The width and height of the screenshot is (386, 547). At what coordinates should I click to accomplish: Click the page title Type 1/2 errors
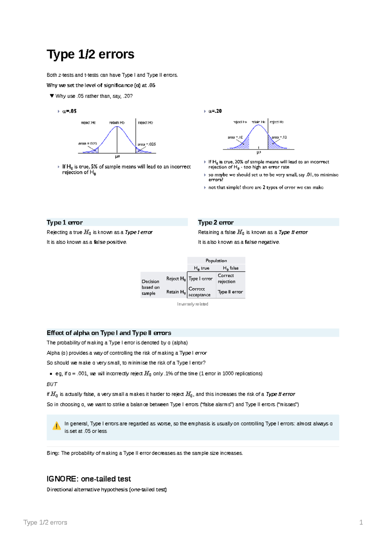click(90, 54)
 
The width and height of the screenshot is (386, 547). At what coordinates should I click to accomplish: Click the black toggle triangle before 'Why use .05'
click(51, 96)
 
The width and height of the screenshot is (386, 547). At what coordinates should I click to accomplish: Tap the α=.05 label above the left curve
click(69, 111)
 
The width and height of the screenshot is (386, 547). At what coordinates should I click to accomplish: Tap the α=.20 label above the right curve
click(215, 111)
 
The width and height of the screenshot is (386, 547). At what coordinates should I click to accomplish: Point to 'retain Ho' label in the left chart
click(117, 123)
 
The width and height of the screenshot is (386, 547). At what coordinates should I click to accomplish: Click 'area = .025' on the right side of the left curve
click(147, 144)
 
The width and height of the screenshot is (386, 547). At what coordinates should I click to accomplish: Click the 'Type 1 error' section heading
click(65, 223)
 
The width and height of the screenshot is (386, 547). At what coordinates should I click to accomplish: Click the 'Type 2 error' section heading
click(216, 223)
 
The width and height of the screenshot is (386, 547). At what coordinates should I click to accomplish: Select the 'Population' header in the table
click(216, 261)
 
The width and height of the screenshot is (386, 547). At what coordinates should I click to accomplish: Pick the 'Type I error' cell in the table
click(200, 279)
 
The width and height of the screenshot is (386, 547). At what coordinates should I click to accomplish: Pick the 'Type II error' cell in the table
click(230, 292)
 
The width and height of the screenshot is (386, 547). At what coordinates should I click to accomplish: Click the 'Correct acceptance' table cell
click(199, 292)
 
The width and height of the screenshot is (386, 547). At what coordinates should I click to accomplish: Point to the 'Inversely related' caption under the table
click(192, 304)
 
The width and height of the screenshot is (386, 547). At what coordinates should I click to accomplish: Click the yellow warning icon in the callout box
click(57, 426)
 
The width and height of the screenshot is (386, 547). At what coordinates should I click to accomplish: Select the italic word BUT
click(52, 384)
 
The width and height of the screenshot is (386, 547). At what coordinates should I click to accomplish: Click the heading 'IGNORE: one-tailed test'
click(89, 479)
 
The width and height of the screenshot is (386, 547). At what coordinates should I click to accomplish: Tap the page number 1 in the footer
click(361, 523)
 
